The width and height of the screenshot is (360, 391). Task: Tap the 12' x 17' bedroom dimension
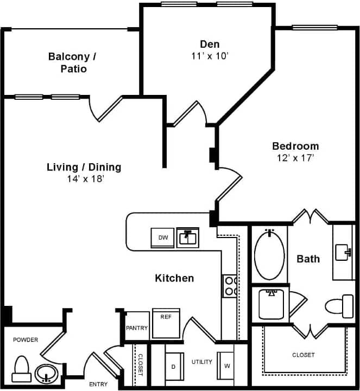[295, 158]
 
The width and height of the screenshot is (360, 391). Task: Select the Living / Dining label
[84, 167]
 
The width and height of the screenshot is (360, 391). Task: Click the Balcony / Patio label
[72, 62]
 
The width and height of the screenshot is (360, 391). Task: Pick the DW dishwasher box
[162, 238]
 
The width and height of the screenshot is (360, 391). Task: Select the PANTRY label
[137, 328]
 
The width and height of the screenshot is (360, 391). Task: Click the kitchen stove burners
[230, 286]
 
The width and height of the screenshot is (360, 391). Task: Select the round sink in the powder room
[45, 373]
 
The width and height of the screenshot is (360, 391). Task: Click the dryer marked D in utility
[173, 367]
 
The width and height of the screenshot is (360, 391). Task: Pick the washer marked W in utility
[226, 366]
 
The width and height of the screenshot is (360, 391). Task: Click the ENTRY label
[98, 384]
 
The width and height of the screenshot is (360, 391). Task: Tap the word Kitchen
[174, 278]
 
